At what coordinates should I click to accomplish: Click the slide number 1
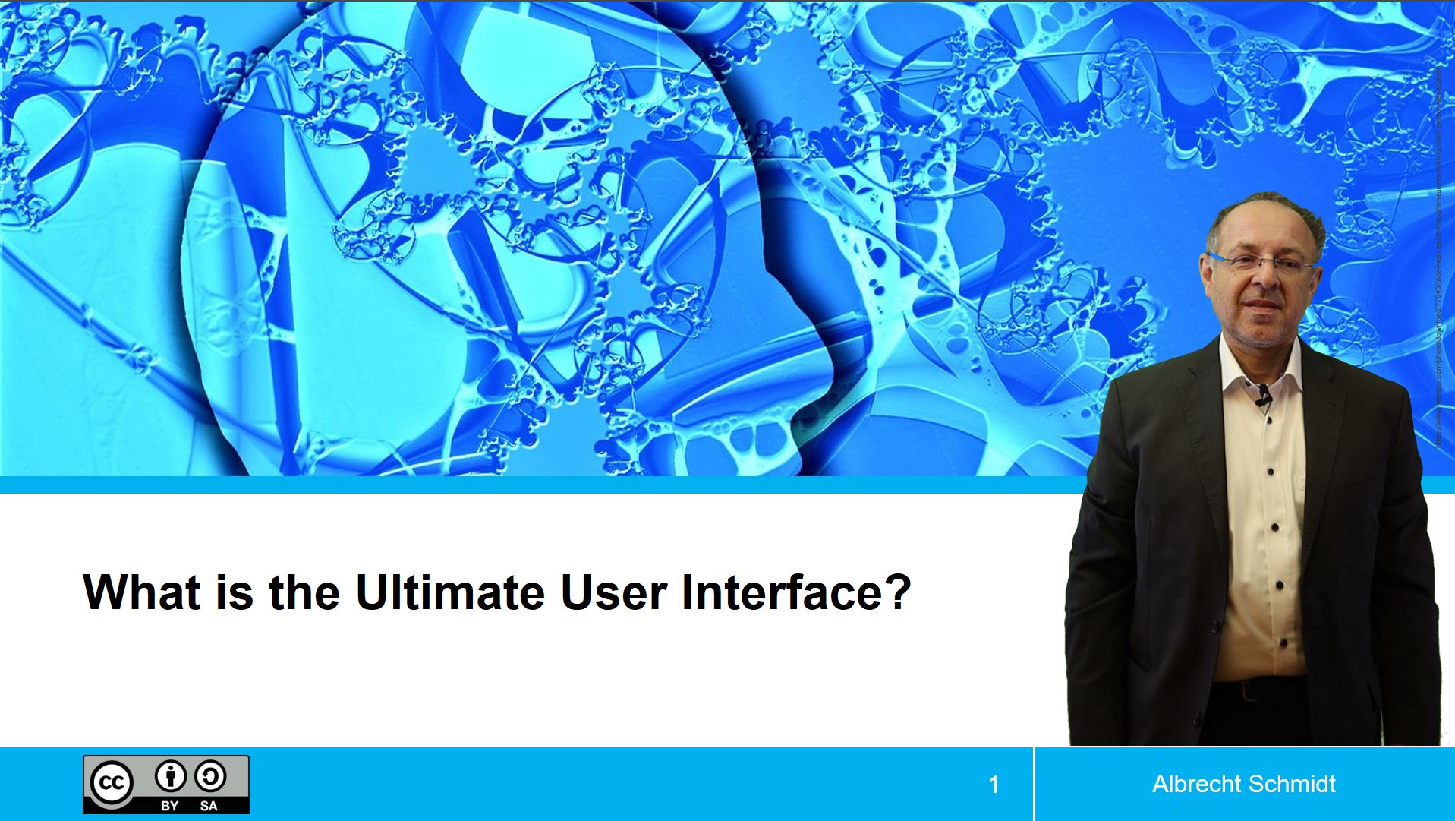point(994,785)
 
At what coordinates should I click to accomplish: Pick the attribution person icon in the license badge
point(170,777)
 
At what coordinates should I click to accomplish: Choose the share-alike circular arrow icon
point(209,777)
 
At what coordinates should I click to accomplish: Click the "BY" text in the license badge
point(170,806)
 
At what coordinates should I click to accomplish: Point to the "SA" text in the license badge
point(209,806)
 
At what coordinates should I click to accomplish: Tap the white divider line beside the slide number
point(1034,784)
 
